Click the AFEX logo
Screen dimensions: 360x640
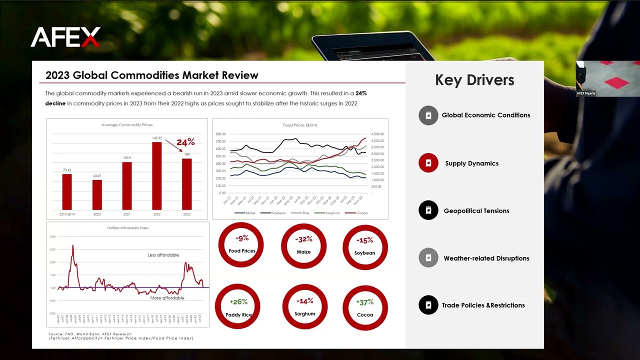65,37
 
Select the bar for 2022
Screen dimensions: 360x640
157,175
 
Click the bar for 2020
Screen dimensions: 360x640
97,194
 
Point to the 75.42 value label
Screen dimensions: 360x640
67,170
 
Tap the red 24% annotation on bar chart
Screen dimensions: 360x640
185,142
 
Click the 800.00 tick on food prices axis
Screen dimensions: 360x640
220,134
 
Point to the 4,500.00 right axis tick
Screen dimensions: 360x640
377,134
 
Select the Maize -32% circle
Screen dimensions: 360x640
303,245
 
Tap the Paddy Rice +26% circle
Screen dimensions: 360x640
238,306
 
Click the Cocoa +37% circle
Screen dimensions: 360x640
365,307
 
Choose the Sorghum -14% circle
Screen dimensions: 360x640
304,306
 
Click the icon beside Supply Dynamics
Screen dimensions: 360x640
428,163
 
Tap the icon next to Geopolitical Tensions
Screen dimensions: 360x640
428,210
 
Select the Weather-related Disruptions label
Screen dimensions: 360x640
486,258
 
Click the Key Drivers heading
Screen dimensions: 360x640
474,80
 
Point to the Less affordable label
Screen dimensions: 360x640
163,255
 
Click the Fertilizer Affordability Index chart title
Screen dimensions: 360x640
127,228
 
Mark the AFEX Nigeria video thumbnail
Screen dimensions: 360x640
607,79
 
